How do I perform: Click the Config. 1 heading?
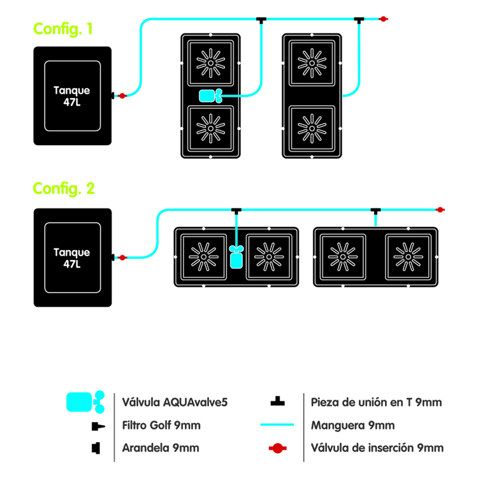click(x=64, y=29)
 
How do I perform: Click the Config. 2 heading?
click(x=64, y=189)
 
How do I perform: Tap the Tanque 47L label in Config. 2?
click(x=71, y=257)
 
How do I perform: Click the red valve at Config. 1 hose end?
click(x=383, y=19)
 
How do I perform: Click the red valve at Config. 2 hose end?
click(x=439, y=209)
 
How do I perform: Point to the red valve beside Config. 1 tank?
click(x=122, y=96)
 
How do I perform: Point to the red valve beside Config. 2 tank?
click(x=122, y=257)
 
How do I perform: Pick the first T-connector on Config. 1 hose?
click(x=261, y=20)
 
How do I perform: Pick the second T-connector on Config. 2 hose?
click(x=375, y=210)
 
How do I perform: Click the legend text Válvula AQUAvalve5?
click(x=175, y=402)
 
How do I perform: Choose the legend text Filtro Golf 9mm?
click(x=161, y=425)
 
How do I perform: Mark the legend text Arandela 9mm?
click(x=161, y=448)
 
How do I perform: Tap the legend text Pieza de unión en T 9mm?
click(x=376, y=402)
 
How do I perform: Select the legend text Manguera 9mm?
click(x=352, y=425)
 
